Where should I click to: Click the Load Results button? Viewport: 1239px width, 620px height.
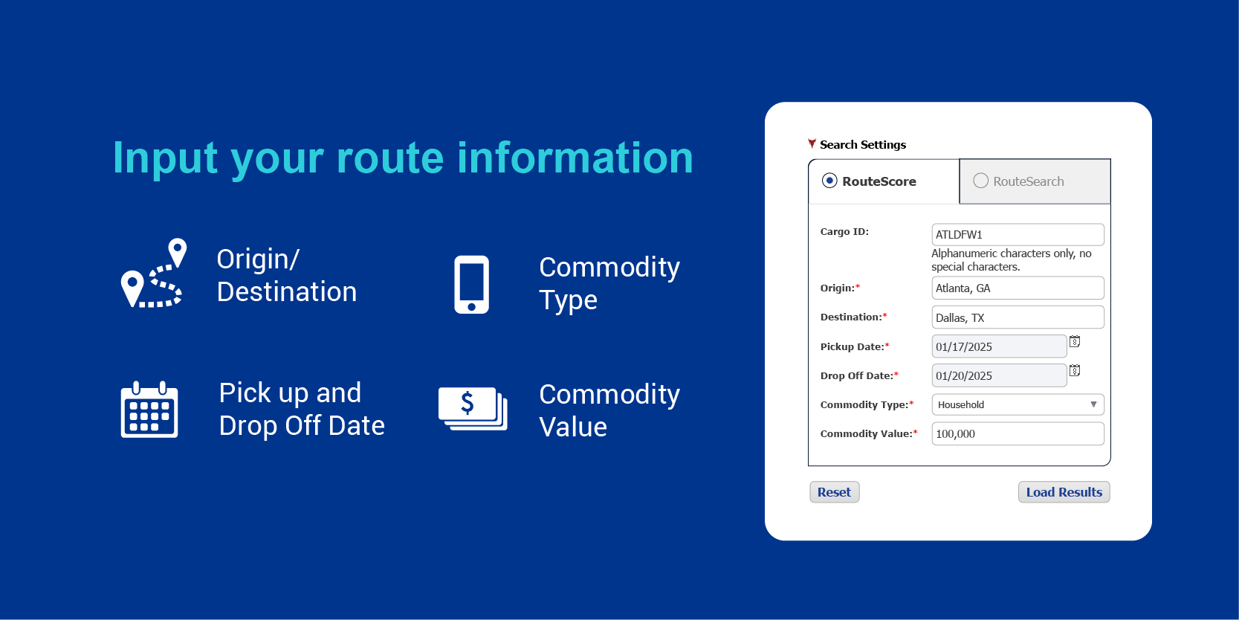[1064, 491]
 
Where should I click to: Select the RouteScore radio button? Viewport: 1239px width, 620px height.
[829, 181]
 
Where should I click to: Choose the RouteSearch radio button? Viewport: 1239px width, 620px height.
[980, 181]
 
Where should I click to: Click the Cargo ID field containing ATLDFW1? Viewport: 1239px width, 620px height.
[1018, 234]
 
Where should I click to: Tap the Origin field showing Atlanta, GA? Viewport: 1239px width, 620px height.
[1018, 288]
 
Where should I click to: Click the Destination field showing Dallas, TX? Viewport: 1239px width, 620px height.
[1018, 317]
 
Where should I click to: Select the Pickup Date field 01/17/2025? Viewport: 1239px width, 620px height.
[999, 346]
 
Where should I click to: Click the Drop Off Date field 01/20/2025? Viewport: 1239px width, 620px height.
[999, 375]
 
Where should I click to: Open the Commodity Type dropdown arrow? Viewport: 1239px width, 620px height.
[1093, 404]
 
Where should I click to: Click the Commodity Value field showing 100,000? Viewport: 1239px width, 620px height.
[1018, 433]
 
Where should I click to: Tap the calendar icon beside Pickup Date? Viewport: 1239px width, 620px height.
[1075, 341]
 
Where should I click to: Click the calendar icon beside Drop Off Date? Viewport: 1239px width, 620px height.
[1075, 370]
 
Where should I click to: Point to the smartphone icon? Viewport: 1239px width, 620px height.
[472, 284]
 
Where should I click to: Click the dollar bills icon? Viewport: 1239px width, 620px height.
[473, 409]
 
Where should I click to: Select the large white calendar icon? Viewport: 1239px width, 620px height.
[149, 410]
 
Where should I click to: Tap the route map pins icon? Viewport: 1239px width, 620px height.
[154, 273]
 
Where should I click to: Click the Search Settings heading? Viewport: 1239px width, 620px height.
[863, 145]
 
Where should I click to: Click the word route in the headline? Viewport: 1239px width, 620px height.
[390, 158]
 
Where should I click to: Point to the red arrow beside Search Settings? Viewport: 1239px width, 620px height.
[812, 143]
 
